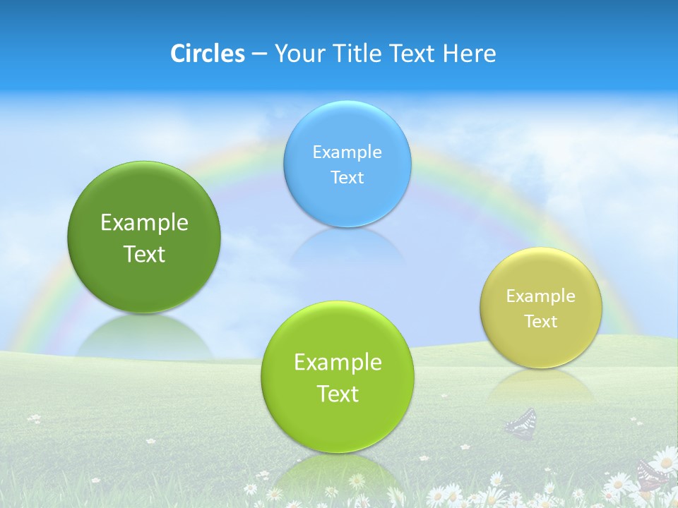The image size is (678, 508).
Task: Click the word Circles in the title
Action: pos(207,54)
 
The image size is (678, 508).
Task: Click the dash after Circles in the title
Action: pos(259,54)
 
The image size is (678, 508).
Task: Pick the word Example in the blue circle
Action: pos(347,152)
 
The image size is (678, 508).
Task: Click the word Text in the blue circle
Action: pos(347,177)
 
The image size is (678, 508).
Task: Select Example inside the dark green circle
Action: pos(144,223)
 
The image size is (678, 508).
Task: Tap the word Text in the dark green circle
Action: pos(144,254)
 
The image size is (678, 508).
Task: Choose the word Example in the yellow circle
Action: pos(540,296)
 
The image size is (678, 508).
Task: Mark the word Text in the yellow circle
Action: pos(540,322)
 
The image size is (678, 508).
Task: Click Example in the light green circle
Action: pos(338,363)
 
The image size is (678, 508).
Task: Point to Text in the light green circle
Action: pos(338,394)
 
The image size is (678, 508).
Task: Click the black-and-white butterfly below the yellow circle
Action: pos(521,423)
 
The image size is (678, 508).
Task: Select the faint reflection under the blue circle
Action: pos(347,247)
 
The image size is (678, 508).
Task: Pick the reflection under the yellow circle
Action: pos(540,387)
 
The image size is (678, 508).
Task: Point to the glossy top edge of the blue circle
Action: pos(347,107)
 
